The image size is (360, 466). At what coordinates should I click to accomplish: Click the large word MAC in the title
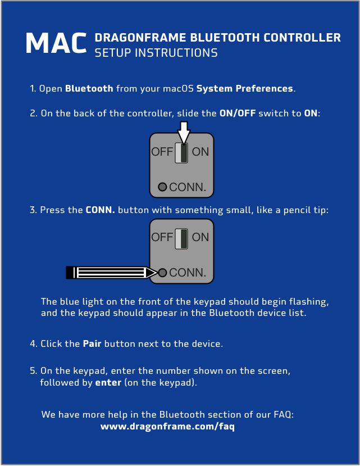pyautogui.click(x=56, y=43)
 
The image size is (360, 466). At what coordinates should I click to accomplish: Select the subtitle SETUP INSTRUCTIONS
pyautogui.click(x=156, y=53)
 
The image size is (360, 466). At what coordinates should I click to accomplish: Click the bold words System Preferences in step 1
pyautogui.click(x=245, y=89)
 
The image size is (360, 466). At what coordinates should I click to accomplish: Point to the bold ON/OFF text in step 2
pyautogui.click(x=238, y=113)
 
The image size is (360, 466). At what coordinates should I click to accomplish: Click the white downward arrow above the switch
pyautogui.click(x=184, y=133)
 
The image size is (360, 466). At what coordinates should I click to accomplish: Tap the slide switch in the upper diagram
pyautogui.click(x=181, y=152)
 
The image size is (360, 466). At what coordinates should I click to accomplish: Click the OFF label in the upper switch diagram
pyautogui.click(x=162, y=152)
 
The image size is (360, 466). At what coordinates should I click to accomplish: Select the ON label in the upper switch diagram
pyautogui.click(x=200, y=152)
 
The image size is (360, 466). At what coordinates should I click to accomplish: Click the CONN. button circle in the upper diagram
pyautogui.click(x=162, y=187)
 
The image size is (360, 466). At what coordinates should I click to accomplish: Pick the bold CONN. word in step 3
pyautogui.click(x=100, y=210)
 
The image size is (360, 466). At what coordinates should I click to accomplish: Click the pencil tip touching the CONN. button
pyautogui.click(x=157, y=273)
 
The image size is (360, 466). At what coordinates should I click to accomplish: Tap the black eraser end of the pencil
pyautogui.click(x=70, y=273)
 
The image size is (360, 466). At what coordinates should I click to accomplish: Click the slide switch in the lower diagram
pyautogui.click(x=181, y=239)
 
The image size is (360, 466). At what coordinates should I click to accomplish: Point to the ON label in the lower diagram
pyautogui.click(x=200, y=237)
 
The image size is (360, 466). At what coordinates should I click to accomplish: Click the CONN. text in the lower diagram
pyautogui.click(x=188, y=273)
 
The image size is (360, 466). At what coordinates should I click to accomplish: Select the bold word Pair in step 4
pyautogui.click(x=92, y=344)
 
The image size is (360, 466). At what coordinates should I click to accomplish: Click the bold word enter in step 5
pyautogui.click(x=108, y=382)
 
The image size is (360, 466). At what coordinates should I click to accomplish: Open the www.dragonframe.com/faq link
pyautogui.click(x=167, y=427)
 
